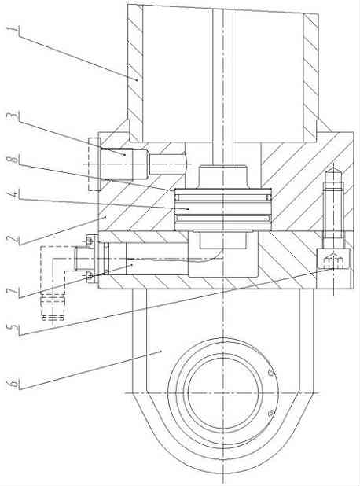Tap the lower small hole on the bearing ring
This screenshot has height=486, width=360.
pyautogui.click(x=271, y=414)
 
